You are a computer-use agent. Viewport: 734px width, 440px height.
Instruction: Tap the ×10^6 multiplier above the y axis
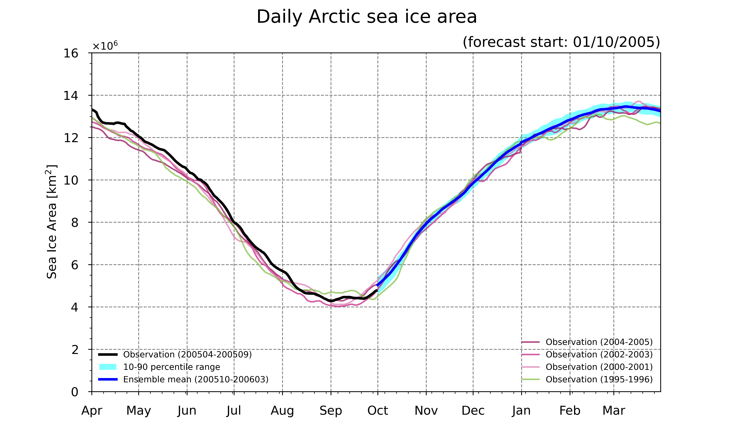click(105, 45)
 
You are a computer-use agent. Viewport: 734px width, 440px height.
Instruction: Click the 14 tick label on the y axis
click(71, 95)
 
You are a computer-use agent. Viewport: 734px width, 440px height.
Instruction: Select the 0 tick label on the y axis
click(75, 392)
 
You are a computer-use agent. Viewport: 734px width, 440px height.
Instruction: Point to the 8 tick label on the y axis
click(75, 222)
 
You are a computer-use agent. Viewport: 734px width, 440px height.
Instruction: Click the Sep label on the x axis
click(331, 411)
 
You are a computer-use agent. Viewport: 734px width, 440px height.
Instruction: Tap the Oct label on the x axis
click(378, 411)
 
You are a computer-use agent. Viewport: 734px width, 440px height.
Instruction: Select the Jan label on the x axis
click(521, 411)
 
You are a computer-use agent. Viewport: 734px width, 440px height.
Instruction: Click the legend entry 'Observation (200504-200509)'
click(175, 355)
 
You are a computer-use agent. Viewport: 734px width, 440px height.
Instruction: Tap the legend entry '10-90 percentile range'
click(160, 367)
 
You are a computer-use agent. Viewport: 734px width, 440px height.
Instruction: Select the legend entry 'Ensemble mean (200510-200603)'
click(183, 379)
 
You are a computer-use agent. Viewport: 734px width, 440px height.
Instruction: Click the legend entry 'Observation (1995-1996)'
click(587, 379)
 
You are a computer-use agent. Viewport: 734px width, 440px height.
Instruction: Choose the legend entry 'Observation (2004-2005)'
click(587, 342)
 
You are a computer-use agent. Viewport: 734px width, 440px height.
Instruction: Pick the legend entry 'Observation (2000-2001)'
click(587, 367)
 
